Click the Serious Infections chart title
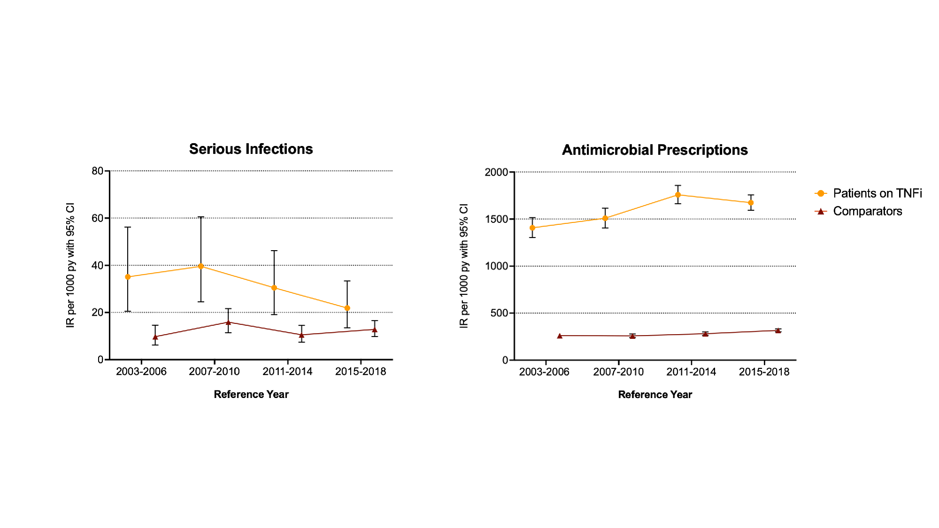[251, 149]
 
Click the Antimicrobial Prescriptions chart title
[654, 150]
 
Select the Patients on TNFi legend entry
[877, 193]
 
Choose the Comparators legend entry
[867, 211]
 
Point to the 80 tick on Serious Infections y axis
[98, 171]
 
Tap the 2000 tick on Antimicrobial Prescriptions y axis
[496, 172]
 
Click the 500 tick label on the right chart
[499, 313]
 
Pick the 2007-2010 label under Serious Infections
[214, 372]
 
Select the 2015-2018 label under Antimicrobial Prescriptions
[764, 372]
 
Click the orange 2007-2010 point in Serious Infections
[201, 266]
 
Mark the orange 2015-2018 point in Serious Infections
[347, 308]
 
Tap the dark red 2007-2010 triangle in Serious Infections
[228, 322]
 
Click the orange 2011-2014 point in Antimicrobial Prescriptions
[678, 195]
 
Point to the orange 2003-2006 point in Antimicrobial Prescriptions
[532, 228]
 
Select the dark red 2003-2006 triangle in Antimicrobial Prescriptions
[560, 336]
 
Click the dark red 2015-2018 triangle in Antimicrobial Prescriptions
[778, 330]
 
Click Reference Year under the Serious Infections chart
[251, 394]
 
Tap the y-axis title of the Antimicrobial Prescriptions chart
[464, 266]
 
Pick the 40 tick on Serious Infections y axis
[98, 266]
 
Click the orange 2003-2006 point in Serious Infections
[128, 277]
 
